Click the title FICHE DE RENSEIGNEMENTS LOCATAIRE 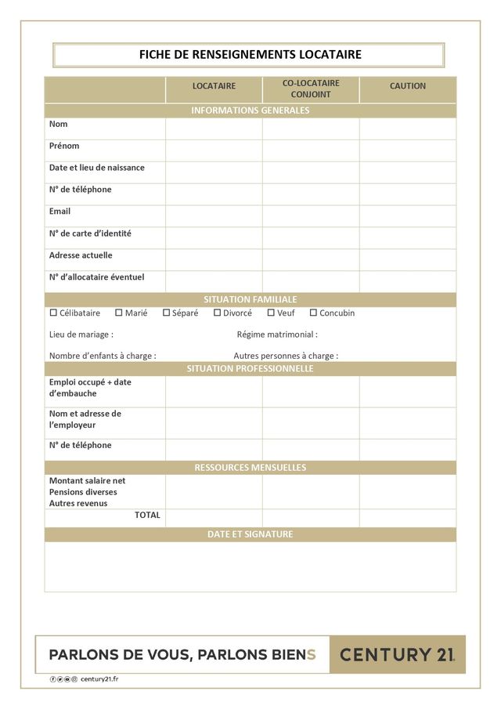coord(250,55)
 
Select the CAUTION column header coord(407,86)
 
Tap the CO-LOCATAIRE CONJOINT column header coord(311,89)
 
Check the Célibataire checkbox coord(54,313)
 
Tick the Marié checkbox coord(119,313)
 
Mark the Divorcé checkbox coord(218,313)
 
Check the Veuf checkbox coord(271,313)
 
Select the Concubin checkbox coord(313,313)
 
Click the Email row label coord(59,212)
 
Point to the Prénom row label coord(64,146)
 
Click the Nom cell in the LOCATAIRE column coord(214,128)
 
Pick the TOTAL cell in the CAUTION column coord(407,518)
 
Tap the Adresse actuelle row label coord(81,255)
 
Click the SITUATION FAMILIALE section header coord(250,299)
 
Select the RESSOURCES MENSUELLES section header coord(250,468)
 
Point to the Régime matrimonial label coord(277,335)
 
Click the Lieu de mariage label coord(81,335)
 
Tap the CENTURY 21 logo coord(397,654)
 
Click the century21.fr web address coord(99,679)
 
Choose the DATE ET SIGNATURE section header coord(250,534)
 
